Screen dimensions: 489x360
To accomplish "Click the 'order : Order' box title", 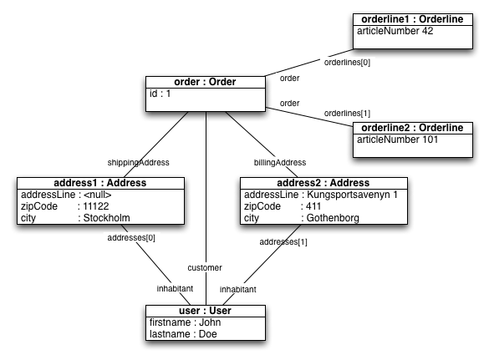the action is click(205, 82).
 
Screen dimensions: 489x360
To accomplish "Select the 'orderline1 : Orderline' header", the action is click(412, 19).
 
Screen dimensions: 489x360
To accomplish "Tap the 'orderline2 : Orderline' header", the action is click(412, 128).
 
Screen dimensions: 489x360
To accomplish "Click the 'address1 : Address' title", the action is click(100, 183).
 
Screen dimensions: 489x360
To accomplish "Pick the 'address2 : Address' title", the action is click(323, 183).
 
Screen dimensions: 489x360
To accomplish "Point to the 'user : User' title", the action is click(205, 311).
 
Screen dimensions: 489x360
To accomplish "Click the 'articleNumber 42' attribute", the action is click(395, 31).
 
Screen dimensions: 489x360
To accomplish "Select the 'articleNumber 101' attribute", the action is click(397, 139).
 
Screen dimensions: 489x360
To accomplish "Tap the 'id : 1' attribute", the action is click(160, 94).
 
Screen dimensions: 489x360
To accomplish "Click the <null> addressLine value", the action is click(97, 195).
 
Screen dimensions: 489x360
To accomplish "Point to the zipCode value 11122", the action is click(96, 206).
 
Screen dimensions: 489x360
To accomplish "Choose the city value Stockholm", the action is click(106, 218).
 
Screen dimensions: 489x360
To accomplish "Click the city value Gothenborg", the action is click(333, 218).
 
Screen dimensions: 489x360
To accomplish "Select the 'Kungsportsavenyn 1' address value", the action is click(352, 195).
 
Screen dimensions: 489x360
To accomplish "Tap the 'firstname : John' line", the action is click(185, 322).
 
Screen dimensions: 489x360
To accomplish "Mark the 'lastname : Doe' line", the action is click(183, 334).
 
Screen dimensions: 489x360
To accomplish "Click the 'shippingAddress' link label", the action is click(138, 163).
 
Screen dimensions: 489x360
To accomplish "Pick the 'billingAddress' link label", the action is click(280, 163).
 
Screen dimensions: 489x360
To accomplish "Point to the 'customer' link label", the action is click(205, 268).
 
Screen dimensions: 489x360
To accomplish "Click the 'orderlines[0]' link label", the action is click(347, 63).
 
